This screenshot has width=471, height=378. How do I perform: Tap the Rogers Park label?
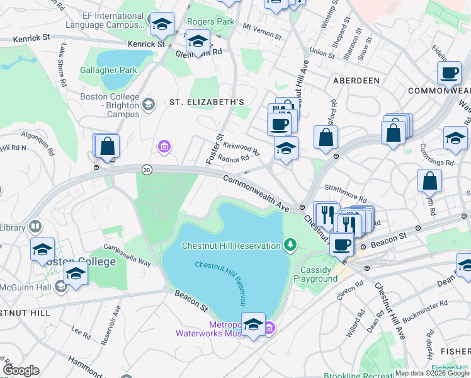click(x=210, y=21)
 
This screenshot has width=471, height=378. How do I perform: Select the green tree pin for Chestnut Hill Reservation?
click(x=290, y=244)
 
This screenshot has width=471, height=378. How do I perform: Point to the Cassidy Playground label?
click(x=315, y=274)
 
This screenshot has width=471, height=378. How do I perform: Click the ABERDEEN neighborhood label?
click(x=356, y=81)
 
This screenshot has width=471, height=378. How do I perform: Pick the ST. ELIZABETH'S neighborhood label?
click(x=206, y=101)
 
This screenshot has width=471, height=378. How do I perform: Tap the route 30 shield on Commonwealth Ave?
click(x=147, y=169)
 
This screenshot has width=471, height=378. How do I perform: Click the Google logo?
click(x=21, y=370)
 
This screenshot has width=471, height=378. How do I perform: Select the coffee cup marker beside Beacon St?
click(x=341, y=244)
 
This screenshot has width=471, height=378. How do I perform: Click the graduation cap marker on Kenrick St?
click(x=162, y=25)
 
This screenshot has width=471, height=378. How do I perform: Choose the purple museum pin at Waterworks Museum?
click(x=270, y=327)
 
